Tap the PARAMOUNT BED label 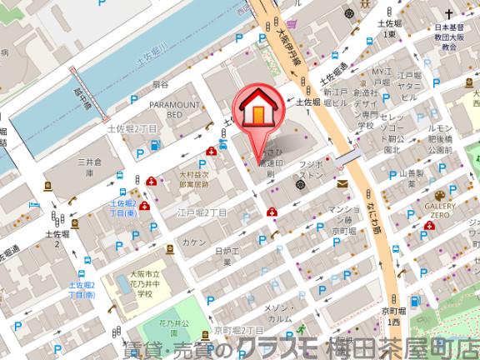(176, 109)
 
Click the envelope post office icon (342, 183)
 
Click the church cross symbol (449, 15)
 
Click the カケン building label (195, 241)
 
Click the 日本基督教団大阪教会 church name (451, 37)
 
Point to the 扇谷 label (160, 85)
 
